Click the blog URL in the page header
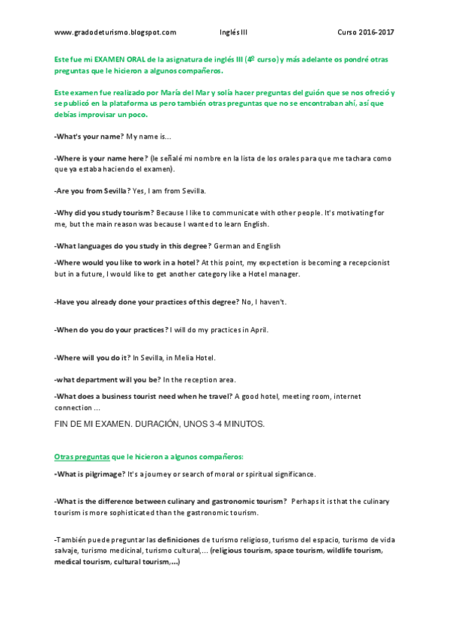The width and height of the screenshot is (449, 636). coord(115,32)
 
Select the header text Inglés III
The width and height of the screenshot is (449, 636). coord(232,32)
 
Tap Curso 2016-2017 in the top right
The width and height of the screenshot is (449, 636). coord(365,32)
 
